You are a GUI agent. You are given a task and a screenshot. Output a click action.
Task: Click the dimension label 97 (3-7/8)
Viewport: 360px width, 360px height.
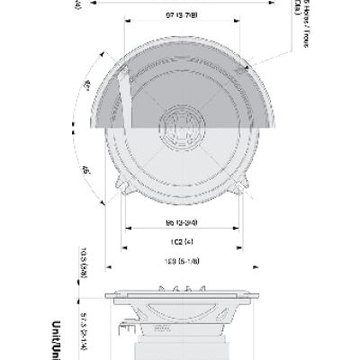pyautogui.click(x=176, y=16)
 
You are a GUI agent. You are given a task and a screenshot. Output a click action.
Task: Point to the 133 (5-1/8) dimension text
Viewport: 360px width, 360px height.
pyautogui.click(x=176, y=262)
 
